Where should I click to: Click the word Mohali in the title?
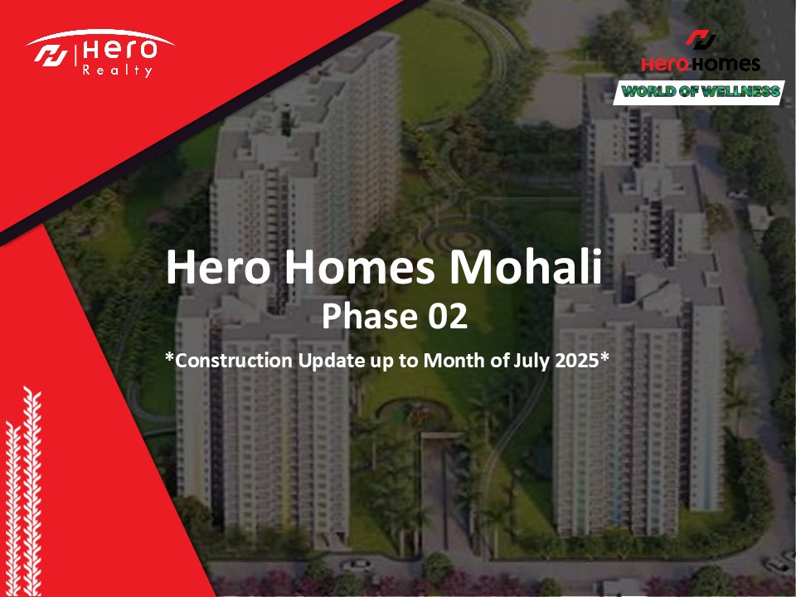click(x=526, y=267)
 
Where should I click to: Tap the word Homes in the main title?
click(x=359, y=267)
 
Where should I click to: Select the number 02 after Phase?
click(x=447, y=316)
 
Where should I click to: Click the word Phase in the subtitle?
click(x=370, y=316)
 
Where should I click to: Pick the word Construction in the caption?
click(x=234, y=360)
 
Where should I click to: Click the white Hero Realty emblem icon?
click(x=51, y=56)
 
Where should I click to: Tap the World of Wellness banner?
click(x=699, y=92)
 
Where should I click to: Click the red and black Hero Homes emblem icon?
click(x=701, y=40)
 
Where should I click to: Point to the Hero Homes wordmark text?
click(x=701, y=65)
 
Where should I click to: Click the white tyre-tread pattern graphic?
click(x=23, y=490)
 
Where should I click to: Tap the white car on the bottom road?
click(x=356, y=565)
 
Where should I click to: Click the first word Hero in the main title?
click(x=218, y=267)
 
